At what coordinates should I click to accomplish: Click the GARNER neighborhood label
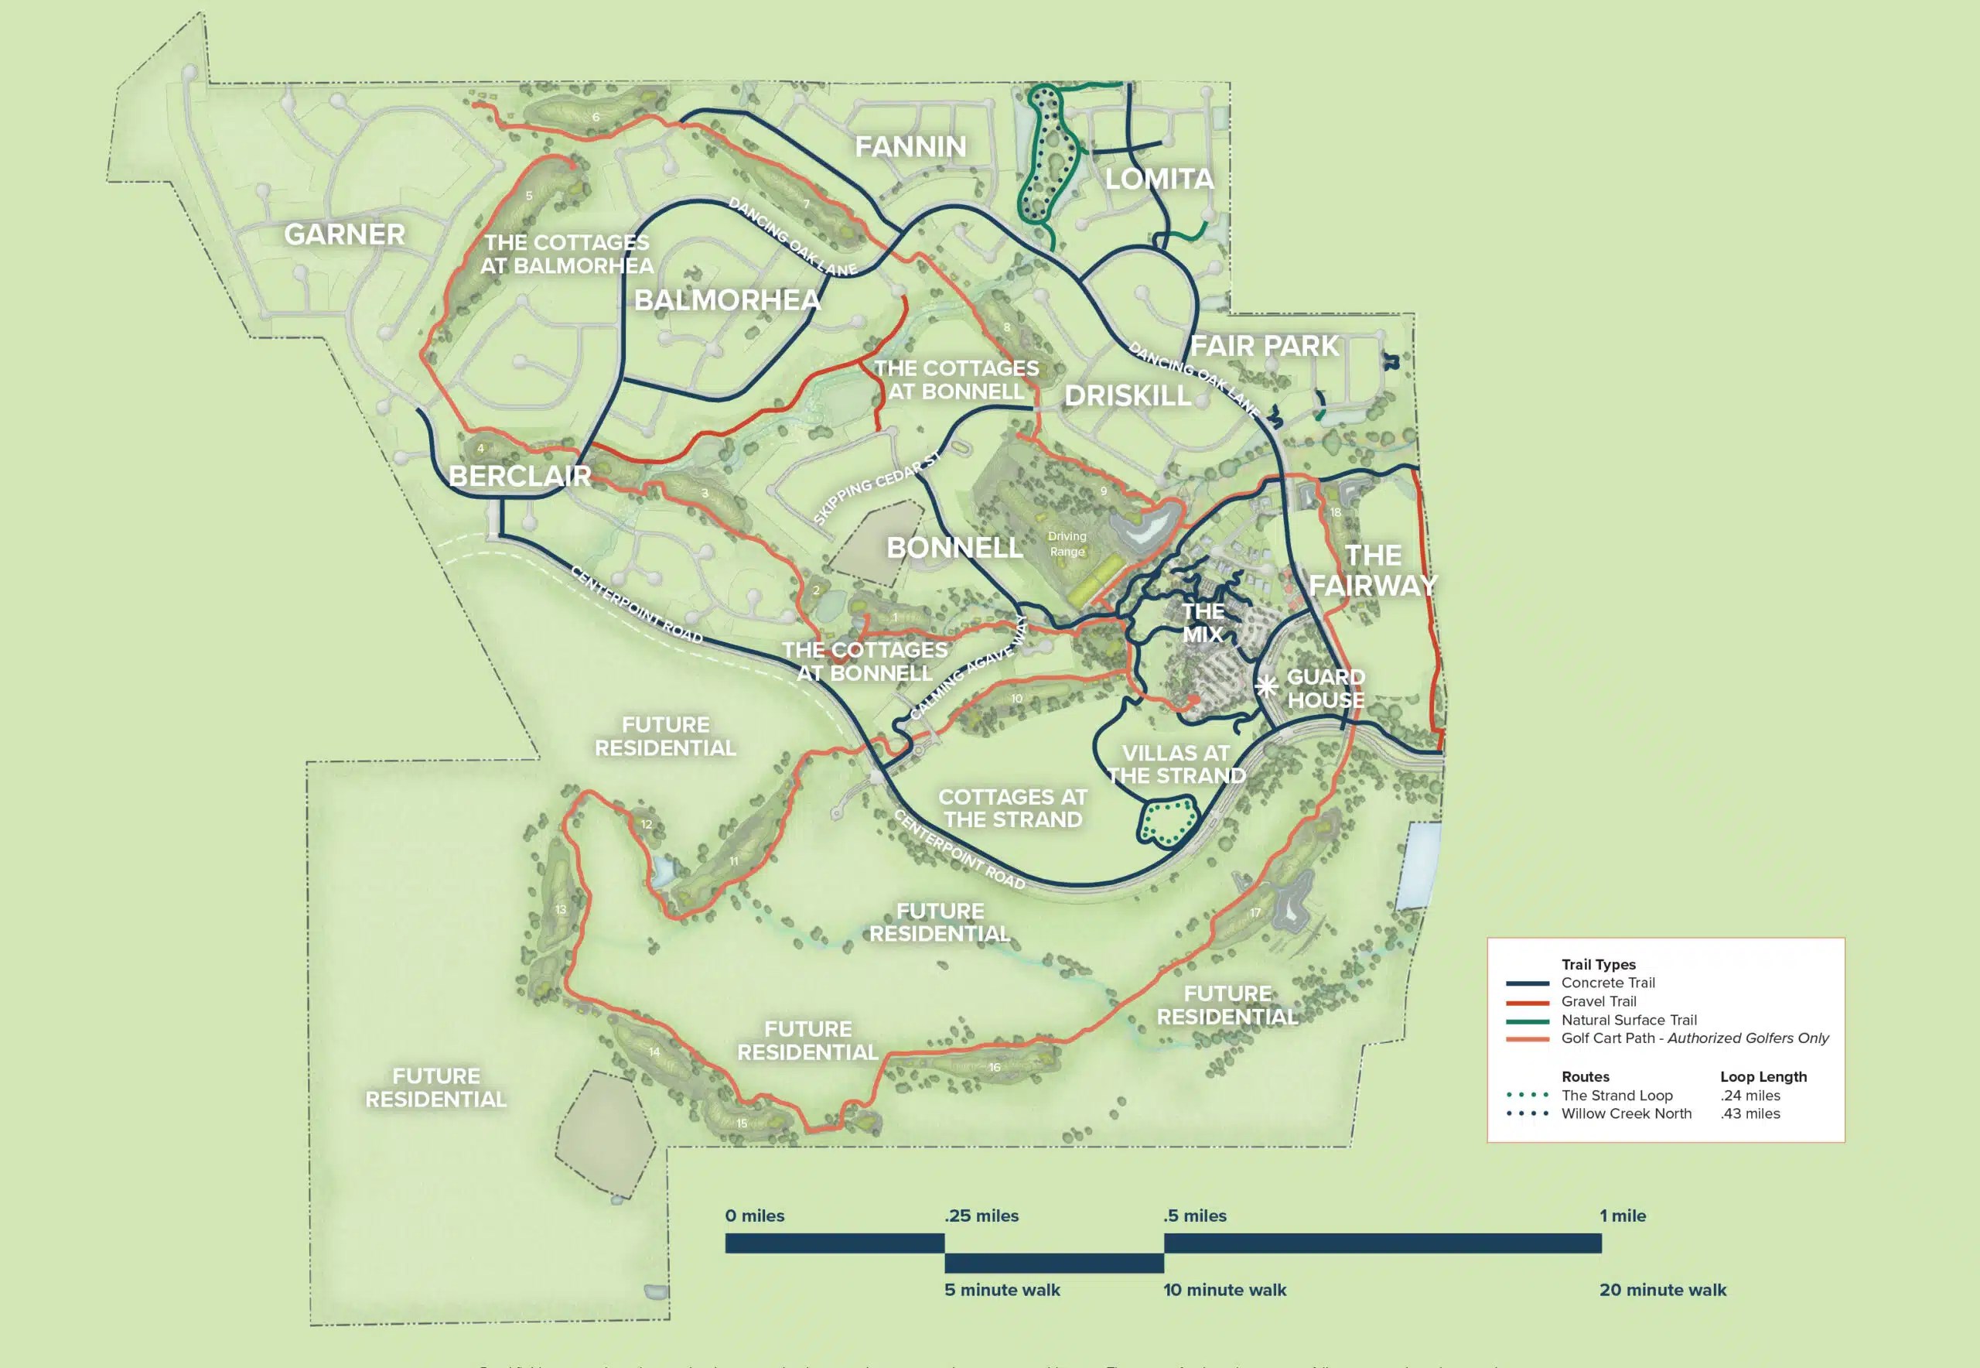click(x=344, y=234)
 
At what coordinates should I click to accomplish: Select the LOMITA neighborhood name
click(x=1159, y=180)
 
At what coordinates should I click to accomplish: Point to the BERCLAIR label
click(x=519, y=476)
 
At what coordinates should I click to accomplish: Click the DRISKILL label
click(x=1128, y=395)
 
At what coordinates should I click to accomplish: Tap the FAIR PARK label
click(x=1264, y=347)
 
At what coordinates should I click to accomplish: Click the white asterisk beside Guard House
click(x=1266, y=686)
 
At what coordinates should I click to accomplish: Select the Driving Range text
click(x=1067, y=543)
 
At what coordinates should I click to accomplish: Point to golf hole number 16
click(x=994, y=1067)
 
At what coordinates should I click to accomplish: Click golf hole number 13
click(x=560, y=909)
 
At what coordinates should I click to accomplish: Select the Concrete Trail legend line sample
click(x=1527, y=983)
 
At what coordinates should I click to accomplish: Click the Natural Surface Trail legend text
click(x=1628, y=1020)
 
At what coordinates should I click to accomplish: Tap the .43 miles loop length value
click(x=1750, y=1113)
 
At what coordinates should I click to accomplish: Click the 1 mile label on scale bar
click(x=1622, y=1216)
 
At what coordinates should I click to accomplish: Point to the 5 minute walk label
click(x=1002, y=1290)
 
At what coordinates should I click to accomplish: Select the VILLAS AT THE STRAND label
click(x=1176, y=764)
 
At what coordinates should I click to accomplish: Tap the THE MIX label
click(x=1203, y=622)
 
